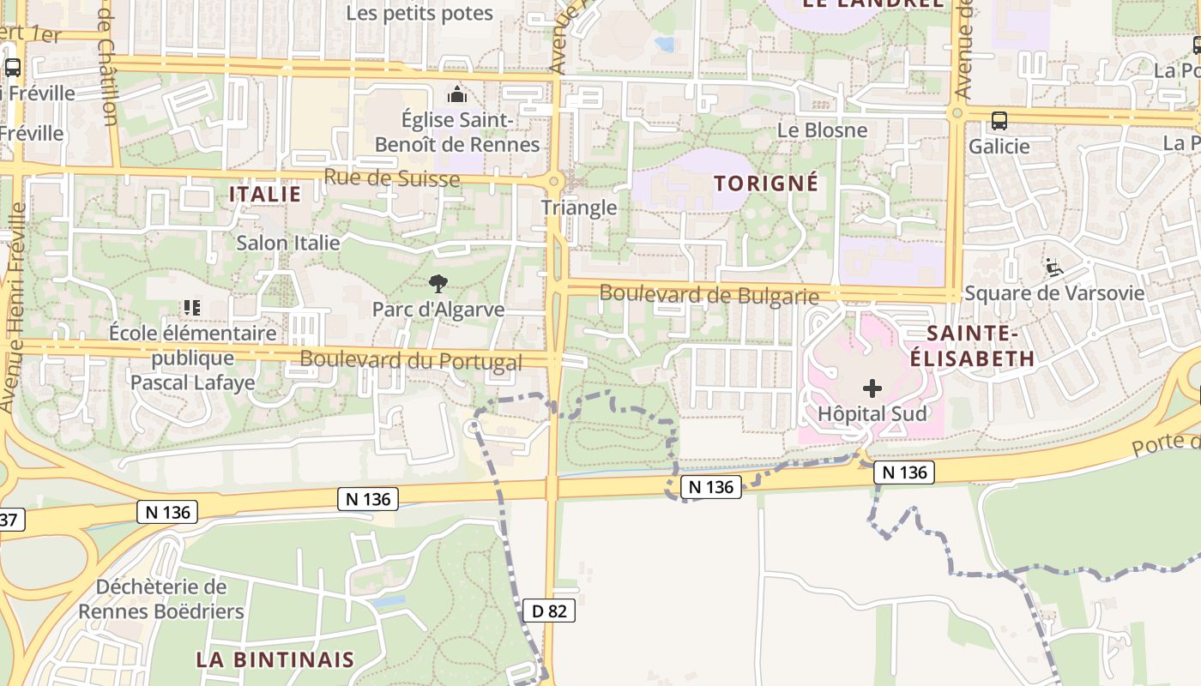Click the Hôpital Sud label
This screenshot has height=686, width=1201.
[x=872, y=413]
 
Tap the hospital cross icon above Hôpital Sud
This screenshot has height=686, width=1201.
[x=872, y=388]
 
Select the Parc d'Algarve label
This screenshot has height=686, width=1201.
[x=438, y=309]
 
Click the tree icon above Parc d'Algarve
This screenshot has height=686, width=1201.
[x=438, y=283]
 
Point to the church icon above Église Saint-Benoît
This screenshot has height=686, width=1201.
[x=457, y=93]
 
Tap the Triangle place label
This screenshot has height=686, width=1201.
[x=579, y=207]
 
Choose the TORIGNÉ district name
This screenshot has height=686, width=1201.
[x=766, y=183]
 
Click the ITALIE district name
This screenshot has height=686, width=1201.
[x=265, y=194]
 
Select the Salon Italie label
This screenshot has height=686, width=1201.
[x=288, y=243]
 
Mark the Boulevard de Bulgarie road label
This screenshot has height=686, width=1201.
[x=709, y=294]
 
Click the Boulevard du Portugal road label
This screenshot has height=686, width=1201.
[x=411, y=360]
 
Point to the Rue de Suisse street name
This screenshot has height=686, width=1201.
[x=392, y=178]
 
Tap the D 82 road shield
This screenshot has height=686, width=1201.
[x=549, y=611]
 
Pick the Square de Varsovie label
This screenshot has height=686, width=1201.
[x=1054, y=292]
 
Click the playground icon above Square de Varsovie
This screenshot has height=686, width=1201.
[x=1054, y=268]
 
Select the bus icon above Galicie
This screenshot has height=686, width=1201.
[x=999, y=121]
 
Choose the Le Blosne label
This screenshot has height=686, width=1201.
[x=822, y=129]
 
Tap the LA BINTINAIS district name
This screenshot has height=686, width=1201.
[x=275, y=659]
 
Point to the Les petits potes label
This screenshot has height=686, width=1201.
[x=419, y=13]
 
